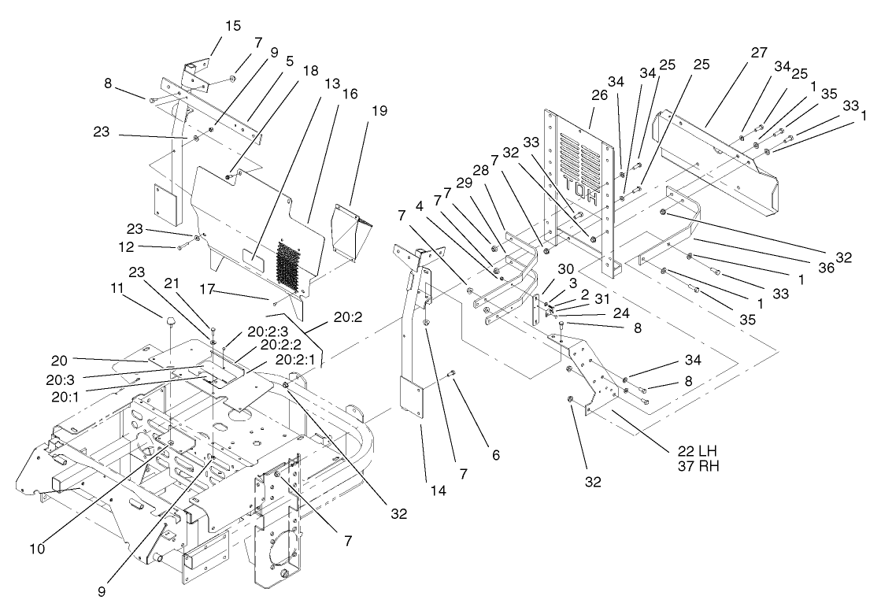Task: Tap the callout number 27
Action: tap(758, 54)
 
